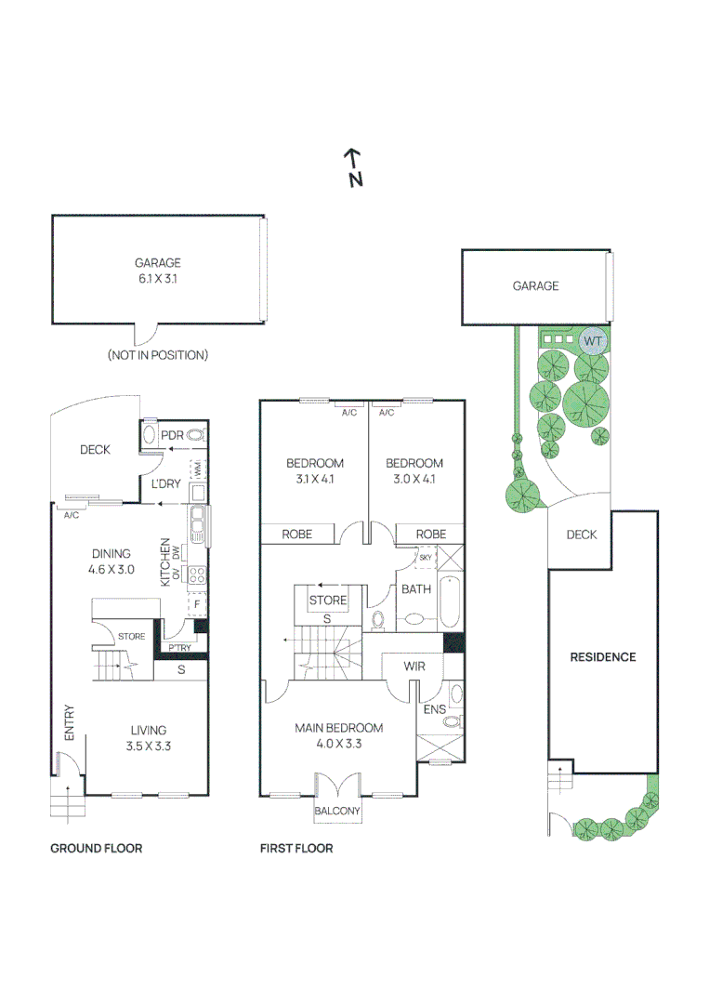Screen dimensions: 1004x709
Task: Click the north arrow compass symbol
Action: [353, 168]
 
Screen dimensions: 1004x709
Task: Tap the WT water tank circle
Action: [593, 341]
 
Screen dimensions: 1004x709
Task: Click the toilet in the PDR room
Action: [195, 435]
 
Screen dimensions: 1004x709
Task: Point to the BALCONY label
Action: [337, 812]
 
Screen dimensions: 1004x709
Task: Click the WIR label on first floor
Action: [414, 667]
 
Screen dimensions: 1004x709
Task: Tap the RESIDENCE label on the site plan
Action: [602, 657]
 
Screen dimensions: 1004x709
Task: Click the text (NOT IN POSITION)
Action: [157, 355]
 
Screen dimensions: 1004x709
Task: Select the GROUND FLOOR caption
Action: [96, 849]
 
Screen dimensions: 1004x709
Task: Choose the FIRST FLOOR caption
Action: [295, 849]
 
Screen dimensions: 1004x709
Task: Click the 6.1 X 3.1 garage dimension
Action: [157, 278]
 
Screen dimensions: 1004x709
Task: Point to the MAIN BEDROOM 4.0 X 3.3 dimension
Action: [338, 744]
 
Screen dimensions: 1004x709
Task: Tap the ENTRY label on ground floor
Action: [70, 722]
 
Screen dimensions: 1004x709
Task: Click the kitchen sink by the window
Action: [197, 527]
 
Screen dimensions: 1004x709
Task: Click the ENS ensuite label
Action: [433, 709]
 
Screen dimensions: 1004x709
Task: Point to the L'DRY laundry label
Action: [166, 484]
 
